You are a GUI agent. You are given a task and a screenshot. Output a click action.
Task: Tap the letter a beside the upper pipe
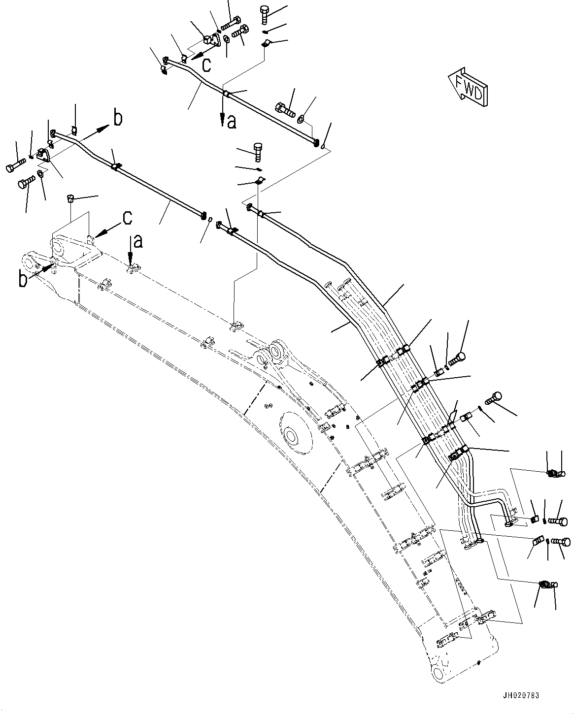pyautogui.click(x=231, y=122)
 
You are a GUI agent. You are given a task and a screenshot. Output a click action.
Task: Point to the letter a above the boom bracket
pyautogui.click(x=138, y=241)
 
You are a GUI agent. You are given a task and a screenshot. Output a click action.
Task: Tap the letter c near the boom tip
pyautogui.click(x=127, y=218)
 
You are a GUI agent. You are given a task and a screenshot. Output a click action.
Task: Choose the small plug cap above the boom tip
pyautogui.click(x=70, y=198)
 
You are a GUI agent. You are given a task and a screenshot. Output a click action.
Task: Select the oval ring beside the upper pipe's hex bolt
pyautogui.click(x=301, y=118)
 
